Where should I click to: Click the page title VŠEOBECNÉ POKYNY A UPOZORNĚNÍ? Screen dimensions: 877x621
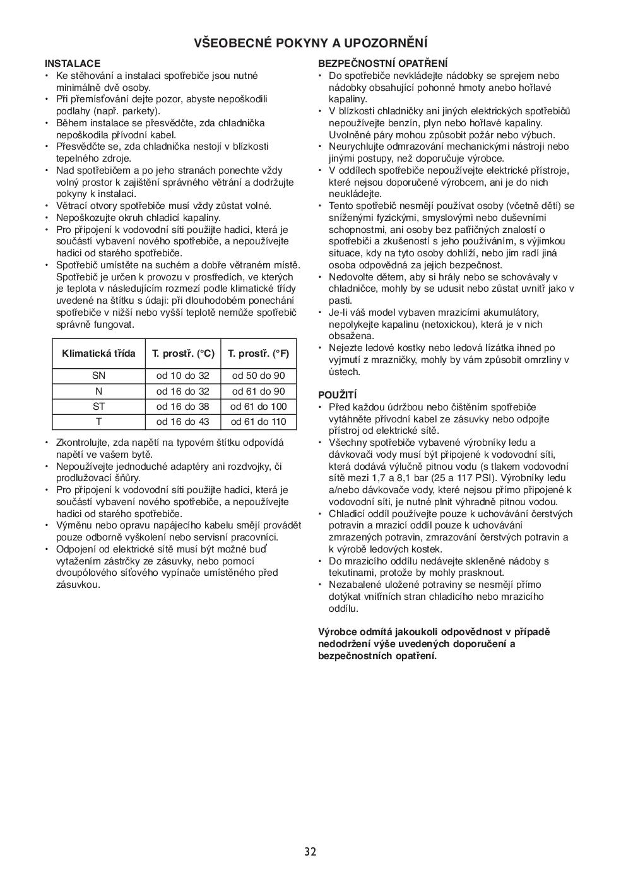(310, 43)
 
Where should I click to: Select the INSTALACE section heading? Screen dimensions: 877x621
(73, 64)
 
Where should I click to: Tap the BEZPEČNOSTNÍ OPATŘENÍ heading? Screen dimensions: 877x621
(383, 64)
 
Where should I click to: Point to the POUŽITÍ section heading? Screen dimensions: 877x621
(338, 395)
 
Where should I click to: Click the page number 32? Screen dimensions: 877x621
(310, 852)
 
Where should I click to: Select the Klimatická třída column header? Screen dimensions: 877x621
(98, 354)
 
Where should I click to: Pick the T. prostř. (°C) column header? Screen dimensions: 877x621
(183, 354)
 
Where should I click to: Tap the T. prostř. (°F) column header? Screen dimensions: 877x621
(258, 354)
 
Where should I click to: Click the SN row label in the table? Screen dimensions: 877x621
(98, 376)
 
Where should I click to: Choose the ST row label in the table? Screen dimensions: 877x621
(98, 407)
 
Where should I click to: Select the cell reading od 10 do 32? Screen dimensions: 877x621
(183, 376)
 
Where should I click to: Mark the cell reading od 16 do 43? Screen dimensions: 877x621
(183, 422)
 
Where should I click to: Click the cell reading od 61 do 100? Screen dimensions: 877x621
(258, 407)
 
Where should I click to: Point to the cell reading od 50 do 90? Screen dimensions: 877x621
(258, 376)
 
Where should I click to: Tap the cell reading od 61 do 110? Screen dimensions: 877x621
(258, 422)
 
